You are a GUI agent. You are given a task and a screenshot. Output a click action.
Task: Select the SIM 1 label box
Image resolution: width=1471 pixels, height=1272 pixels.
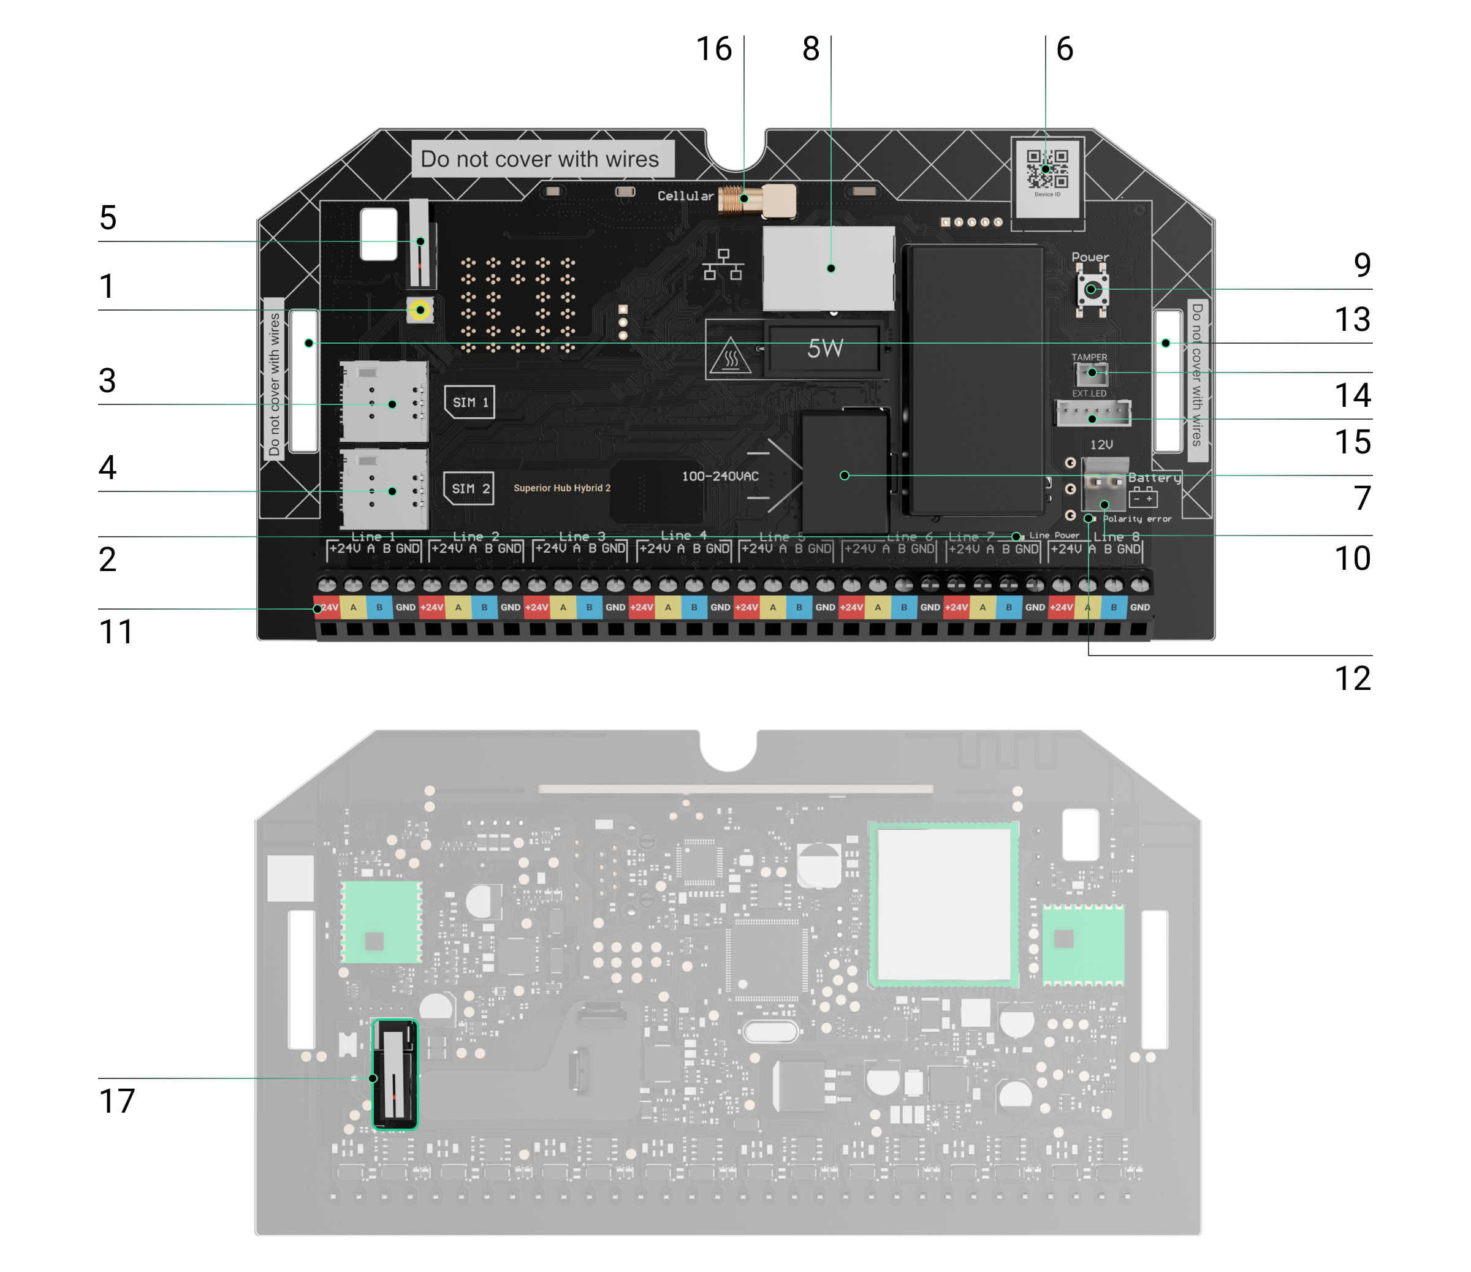tap(469, 402)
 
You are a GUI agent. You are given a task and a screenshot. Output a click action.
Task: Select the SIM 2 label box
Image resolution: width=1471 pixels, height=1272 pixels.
tap(468, 488)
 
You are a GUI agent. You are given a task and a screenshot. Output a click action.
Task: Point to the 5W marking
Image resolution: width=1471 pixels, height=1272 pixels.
tap(824, 349)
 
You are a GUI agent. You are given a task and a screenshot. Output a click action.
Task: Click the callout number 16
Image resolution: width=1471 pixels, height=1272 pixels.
tap(713, 49)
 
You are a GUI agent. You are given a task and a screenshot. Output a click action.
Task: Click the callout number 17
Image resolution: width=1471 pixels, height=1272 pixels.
tap(116, 1101)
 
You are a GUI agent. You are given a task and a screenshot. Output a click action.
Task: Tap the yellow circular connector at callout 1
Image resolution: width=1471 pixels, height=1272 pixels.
tap(420, 310)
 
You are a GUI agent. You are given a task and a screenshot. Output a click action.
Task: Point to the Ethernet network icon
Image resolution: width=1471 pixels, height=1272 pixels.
tap(723, 265)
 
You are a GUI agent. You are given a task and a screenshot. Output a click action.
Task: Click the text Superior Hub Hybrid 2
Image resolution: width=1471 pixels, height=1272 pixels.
tap(561, 488)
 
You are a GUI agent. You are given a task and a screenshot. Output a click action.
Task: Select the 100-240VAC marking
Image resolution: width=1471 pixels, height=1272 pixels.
tap(720, 476)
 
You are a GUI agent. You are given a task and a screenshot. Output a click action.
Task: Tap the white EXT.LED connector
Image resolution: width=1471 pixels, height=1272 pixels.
tap(1093, 413)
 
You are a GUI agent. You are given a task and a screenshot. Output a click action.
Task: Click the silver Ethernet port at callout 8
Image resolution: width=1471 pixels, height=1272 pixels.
tap(829, 268)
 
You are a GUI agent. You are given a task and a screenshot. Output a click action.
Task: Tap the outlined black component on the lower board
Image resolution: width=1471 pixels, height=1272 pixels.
tap(395, 1075)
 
